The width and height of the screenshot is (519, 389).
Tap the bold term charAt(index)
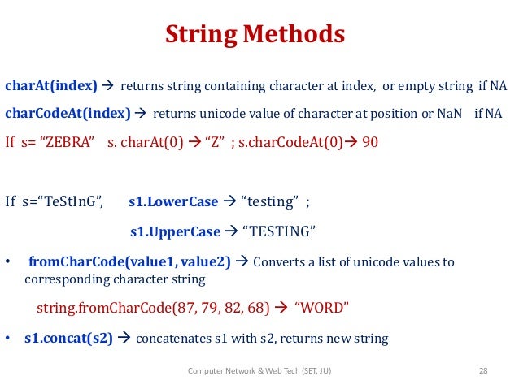click(51, 84)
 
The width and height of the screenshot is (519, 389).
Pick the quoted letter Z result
click(216, 143)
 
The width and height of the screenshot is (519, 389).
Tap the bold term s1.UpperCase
click(175, 232)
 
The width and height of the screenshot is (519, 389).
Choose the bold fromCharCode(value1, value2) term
click(129, 261)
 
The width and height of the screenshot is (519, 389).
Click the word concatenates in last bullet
click(179, 338)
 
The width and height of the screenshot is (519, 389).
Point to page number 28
click(482, 371)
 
